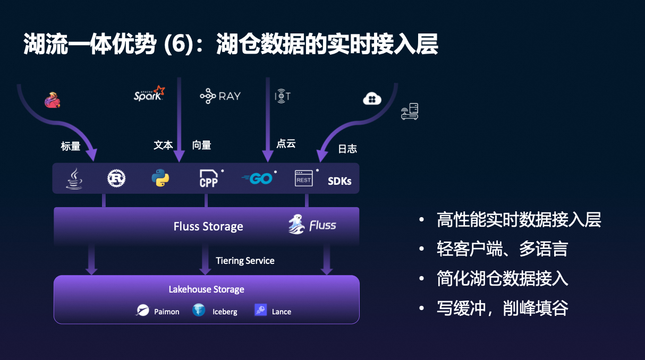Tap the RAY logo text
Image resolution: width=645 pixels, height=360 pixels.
tap(220, 96)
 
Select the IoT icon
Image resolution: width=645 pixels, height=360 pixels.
tap(282, 96)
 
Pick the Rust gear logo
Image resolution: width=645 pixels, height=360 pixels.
tap(116, 178)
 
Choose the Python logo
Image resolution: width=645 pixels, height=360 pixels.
tap(160, 178)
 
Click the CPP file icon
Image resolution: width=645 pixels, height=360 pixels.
tap(208, 178)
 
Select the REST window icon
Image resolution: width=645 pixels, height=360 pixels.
tap(303, 178)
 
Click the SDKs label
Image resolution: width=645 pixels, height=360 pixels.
tap(340, 181)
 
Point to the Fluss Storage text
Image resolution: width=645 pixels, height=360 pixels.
tap(208, 227)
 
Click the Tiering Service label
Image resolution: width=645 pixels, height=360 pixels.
tap(245, 261)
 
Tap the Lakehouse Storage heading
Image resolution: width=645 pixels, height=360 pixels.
tap(206, 289)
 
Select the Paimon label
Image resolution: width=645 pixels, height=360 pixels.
tap(166, 312)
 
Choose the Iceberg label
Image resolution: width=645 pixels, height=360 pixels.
tap(225, 312)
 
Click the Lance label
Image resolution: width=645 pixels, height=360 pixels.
tap(281, 312)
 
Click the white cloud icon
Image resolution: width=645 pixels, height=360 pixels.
tap(372, 98)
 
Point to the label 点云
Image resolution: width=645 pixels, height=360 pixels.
tap(286, 143)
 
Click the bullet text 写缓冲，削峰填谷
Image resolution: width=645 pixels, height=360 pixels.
tap(502, 308)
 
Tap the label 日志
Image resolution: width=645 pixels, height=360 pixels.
tap(347, 149)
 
